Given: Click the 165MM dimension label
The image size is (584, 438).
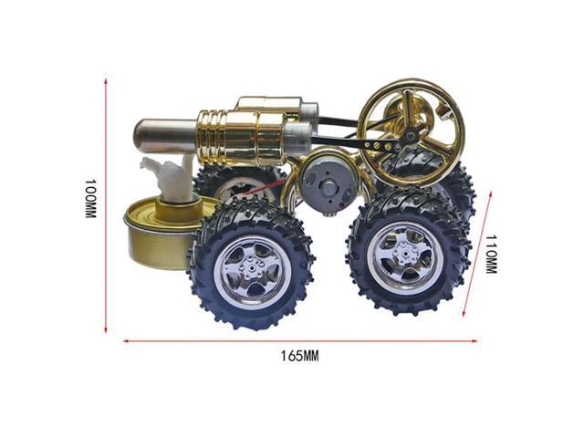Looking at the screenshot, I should click(299, 356).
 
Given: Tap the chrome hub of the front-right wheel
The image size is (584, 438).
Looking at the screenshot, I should click(405, 256).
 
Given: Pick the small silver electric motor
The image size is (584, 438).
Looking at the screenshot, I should click(324, 182).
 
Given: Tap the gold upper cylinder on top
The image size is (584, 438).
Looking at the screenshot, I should click(269, 105).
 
